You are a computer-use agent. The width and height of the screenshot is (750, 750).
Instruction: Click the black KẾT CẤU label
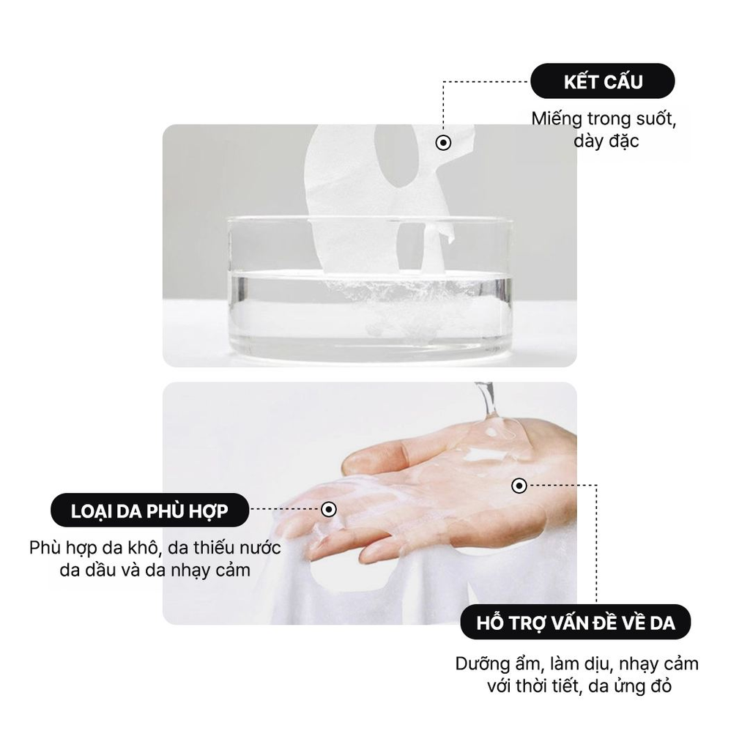[x=602, y=81]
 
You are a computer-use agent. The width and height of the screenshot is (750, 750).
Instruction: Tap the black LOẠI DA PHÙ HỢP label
[x=149, y=511]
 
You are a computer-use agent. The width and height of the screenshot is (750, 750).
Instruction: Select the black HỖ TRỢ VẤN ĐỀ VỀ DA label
[x=575, y=624]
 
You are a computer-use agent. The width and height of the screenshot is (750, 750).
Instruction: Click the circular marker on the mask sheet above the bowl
[x=443, y=143]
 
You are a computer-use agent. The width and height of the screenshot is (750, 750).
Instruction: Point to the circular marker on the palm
[x=519, y=485]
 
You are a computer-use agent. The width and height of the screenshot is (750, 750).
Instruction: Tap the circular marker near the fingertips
[x=329, y=509]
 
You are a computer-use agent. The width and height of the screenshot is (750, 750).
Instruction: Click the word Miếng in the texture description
[x=557, y=119]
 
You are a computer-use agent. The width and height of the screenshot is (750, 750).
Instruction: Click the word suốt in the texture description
[x=652, y=119]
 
